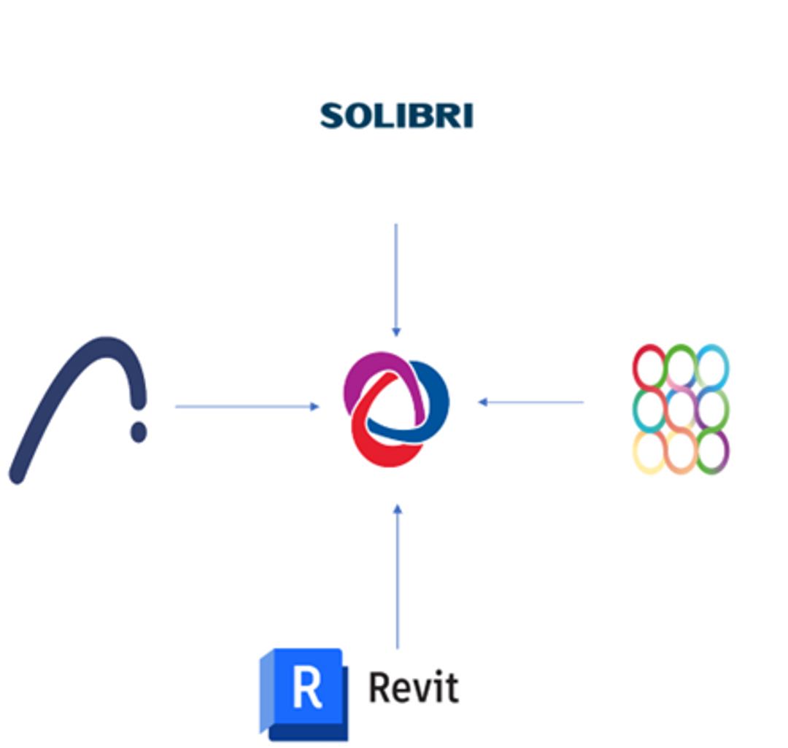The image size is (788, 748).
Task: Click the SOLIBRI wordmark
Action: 396,116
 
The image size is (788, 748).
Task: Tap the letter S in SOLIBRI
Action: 332,116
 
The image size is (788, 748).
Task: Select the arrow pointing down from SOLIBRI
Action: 396,277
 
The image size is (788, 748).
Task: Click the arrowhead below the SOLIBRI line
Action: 396,332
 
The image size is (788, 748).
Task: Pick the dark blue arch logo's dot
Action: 139,432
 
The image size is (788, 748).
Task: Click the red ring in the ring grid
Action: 649,366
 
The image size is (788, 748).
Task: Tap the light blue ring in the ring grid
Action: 712,366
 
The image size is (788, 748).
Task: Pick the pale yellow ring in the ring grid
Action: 649,451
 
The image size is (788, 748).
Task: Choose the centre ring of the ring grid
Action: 681,409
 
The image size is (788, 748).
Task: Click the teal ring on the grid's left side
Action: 649,409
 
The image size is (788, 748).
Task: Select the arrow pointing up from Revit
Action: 397,576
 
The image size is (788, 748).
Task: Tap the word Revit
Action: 414,688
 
